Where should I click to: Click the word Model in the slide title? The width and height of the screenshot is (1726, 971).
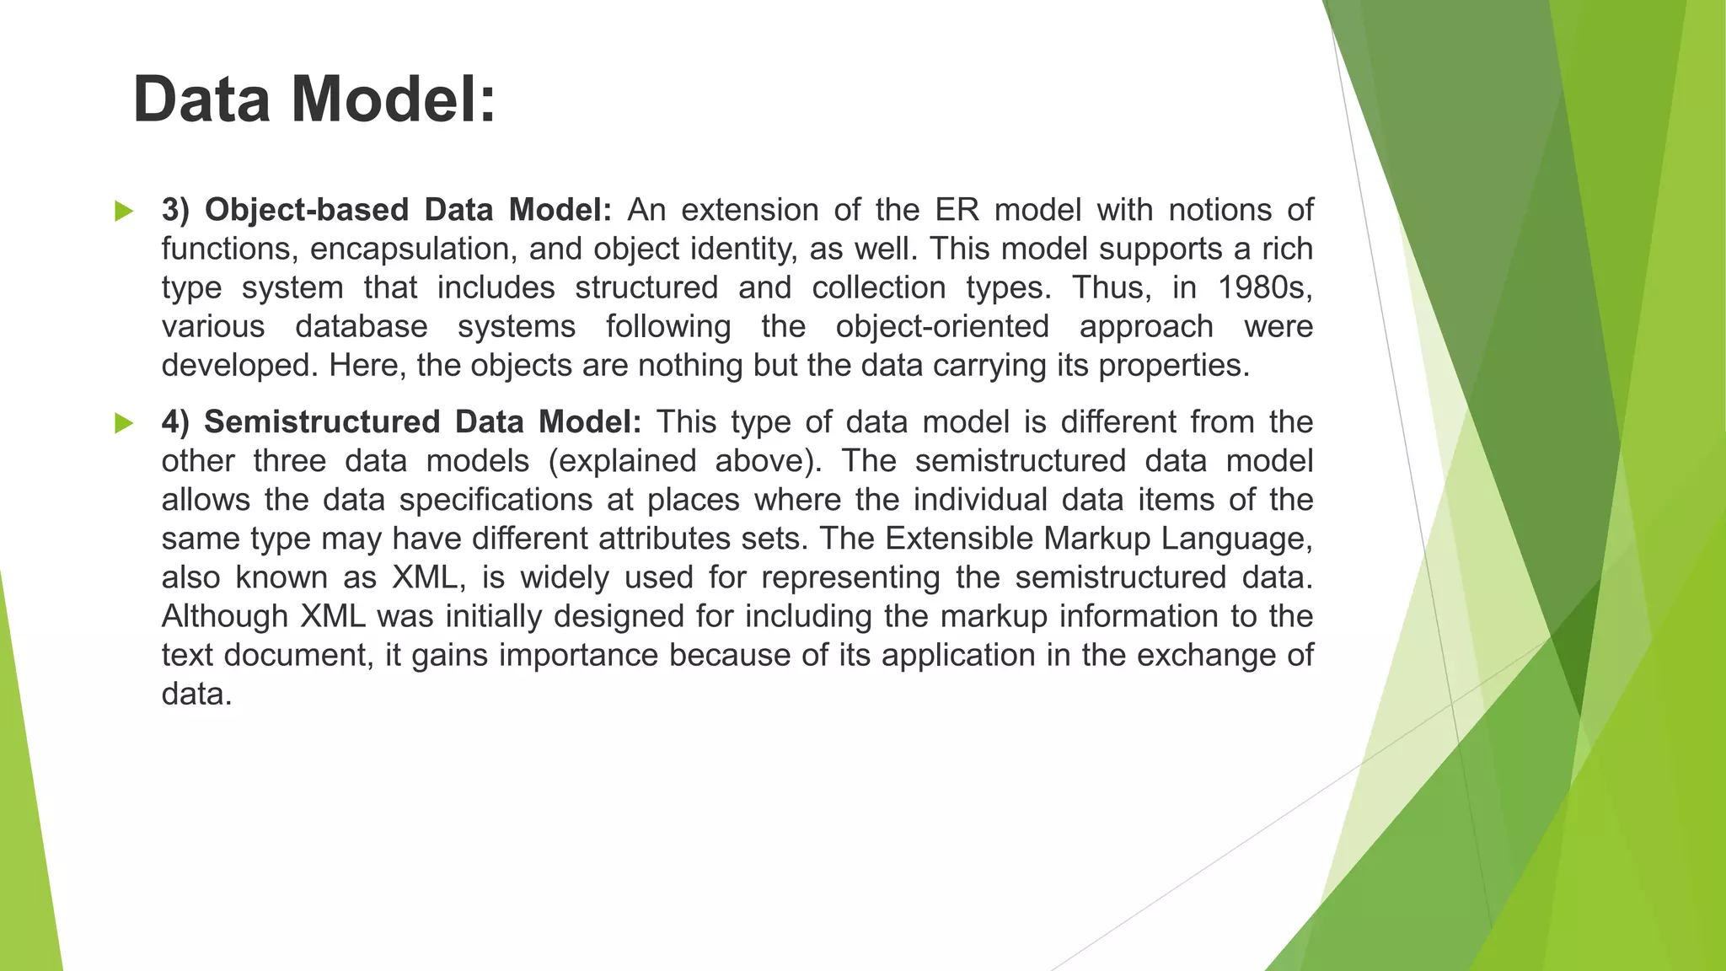click(x=393, y=99)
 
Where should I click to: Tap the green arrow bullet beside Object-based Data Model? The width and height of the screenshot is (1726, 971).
click(x=124, y=211)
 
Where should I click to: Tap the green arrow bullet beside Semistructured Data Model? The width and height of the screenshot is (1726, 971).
click(x=124, y=422)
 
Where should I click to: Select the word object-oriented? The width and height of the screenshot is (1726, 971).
click(x=942, y=327)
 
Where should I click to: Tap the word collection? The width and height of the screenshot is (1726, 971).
click(x=879, y=288)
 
